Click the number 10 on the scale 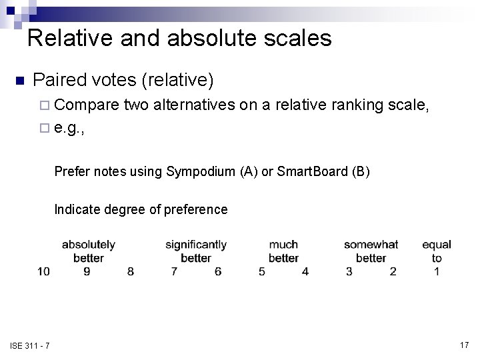coord(43,271)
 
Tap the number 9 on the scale coord(87,271)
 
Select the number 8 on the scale coord(131,271)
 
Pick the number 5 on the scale coord(262,271)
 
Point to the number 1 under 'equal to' coord(437,271)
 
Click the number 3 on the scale coord(349,271)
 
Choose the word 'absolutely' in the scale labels coord(89,245)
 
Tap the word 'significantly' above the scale coord(196,245)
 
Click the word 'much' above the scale coord(283,245)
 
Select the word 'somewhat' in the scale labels coord(371,245)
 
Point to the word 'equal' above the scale coord(437,245)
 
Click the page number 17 coord(464,344)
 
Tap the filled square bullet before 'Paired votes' coord(19,81)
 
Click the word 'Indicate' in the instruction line coord(76,209)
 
